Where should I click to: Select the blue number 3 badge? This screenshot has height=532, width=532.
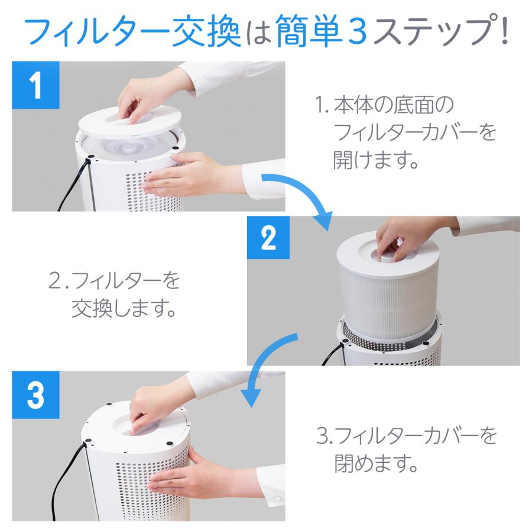click(x=35, y=395)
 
